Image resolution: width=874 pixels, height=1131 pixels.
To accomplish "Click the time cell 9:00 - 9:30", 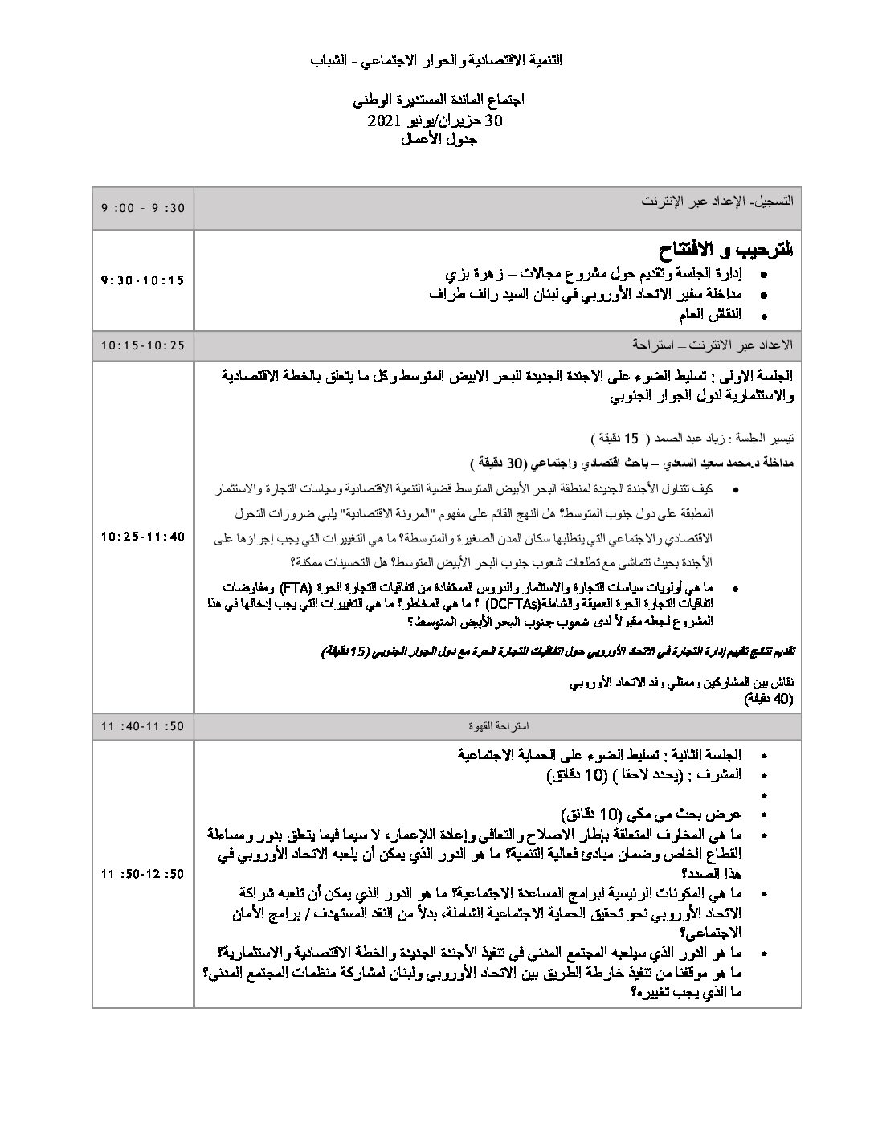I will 143,208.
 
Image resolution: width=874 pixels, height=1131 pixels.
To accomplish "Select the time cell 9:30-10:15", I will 143,280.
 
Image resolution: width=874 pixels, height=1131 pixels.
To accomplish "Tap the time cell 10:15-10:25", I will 143,345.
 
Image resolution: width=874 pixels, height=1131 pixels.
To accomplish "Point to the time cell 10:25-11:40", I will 143,537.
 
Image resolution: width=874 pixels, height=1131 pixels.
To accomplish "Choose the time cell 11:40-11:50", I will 143,726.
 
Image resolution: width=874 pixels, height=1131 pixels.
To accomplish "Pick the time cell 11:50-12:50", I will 143,874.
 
